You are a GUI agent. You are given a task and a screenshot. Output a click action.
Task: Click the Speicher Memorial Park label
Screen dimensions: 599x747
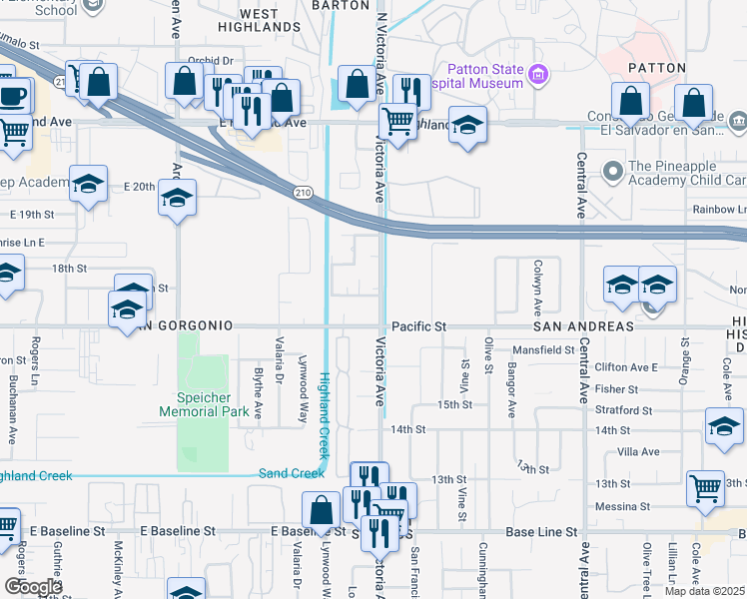coord(205,403)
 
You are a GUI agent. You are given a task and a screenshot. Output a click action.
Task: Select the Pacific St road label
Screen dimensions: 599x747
coord(418,326)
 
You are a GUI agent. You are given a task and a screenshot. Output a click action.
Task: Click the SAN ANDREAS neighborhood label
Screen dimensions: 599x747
coord(583,326)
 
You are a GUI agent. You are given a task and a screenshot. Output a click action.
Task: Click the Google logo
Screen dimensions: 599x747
coord(32,586)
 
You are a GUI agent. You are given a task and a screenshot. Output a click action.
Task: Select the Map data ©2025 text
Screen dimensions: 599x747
coord(704,591)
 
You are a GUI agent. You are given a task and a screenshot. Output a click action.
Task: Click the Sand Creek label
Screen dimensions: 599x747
coord(292,473)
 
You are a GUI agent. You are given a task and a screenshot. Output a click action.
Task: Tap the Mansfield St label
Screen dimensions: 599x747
coord(543,350)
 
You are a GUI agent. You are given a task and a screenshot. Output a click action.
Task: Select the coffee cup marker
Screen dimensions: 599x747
coord(13,97)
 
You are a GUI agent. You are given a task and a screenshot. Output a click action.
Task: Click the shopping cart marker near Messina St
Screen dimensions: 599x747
coord(705,488)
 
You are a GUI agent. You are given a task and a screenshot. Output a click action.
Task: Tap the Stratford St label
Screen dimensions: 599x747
coord(619,409)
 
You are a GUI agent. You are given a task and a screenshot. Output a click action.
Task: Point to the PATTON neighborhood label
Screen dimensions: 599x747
coord(656,68)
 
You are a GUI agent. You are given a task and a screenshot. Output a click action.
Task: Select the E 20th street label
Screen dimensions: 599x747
coord(140,187)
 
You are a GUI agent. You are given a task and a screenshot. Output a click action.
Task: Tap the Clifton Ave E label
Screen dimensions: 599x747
coord(626,367)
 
